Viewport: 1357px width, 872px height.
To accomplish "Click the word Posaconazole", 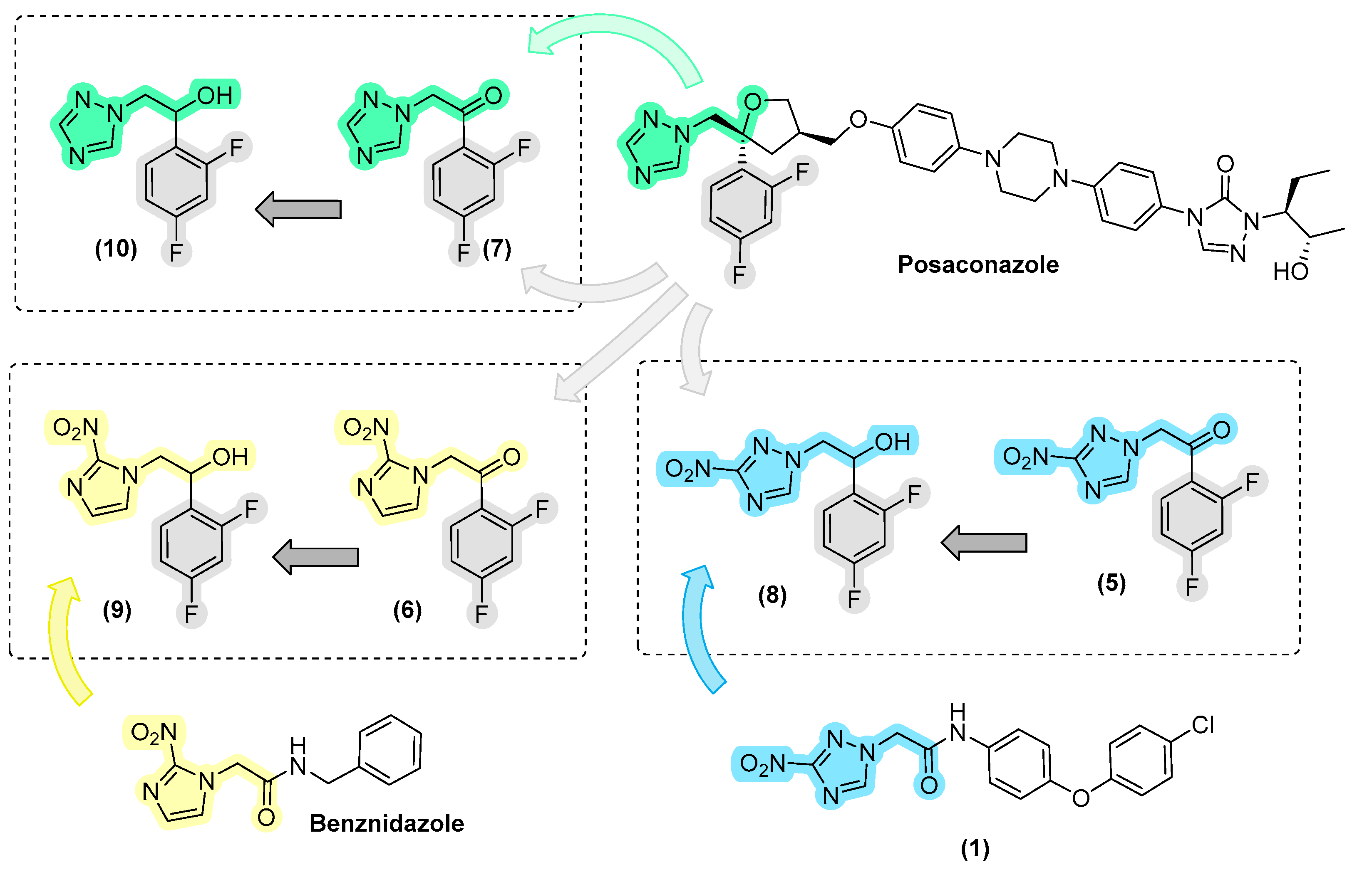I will (x=978, y=265).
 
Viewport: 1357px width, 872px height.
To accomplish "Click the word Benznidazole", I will (x=387, y=823).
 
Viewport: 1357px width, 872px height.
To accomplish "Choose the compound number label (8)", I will (x=772, y=595).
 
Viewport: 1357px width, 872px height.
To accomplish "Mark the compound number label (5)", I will (x=1111, y=582).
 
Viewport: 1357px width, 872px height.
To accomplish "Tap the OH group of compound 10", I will (x=215, y=95).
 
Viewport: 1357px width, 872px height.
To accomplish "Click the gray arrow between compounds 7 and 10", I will (x=299, y=209).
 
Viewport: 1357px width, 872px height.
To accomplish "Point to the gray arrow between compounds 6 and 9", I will (x=316, y=557).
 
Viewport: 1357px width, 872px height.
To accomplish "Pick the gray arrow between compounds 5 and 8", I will (x=984, y=542).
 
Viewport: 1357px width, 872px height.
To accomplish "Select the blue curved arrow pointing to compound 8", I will (x=700, y=628).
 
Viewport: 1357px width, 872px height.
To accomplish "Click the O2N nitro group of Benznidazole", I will (x=154, y=733).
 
